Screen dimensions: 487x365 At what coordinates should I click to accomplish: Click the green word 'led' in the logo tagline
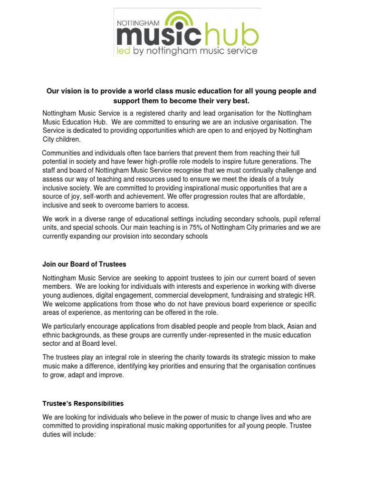coord(125,50)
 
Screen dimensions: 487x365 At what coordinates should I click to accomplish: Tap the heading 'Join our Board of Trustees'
coord(85,264)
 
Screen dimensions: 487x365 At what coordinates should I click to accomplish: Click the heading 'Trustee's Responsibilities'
coord(83,403)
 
